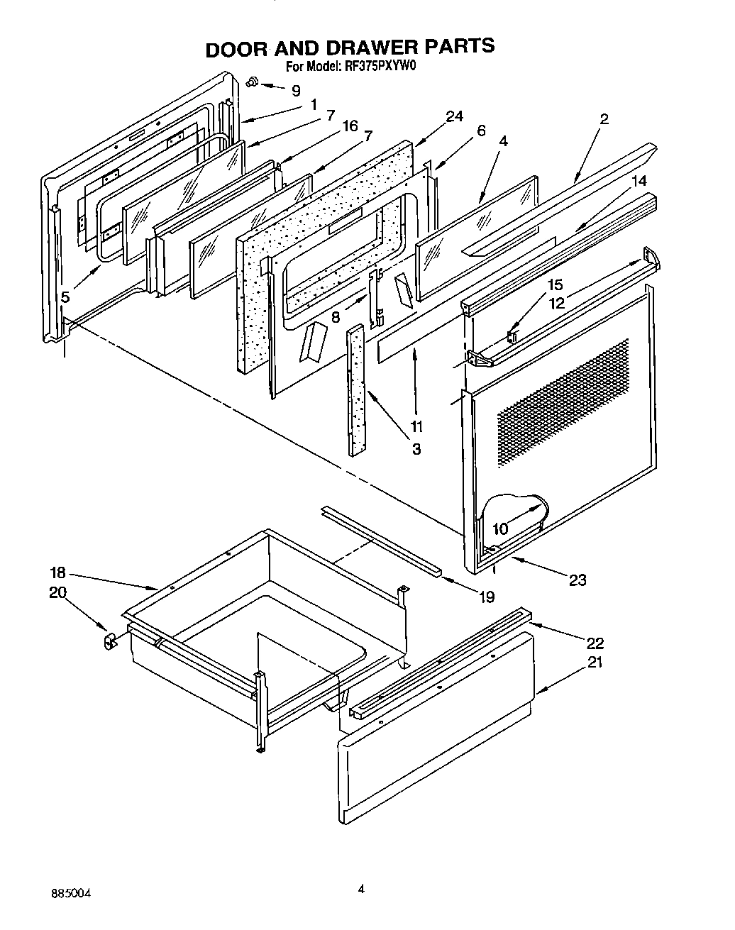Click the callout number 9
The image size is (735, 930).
click(296, 91)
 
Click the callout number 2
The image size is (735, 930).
click(604, 119)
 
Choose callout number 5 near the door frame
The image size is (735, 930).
click(65, 297)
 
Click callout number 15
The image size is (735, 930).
click(556, 285)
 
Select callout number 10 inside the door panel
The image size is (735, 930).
click(500, 529)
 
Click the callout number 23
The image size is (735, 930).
click(577, 580)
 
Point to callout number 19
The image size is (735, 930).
click(486, 597)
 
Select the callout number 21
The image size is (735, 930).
click(595, 663)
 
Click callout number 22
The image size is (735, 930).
click(595, 643)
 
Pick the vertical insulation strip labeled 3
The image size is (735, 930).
click(357, 390)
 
